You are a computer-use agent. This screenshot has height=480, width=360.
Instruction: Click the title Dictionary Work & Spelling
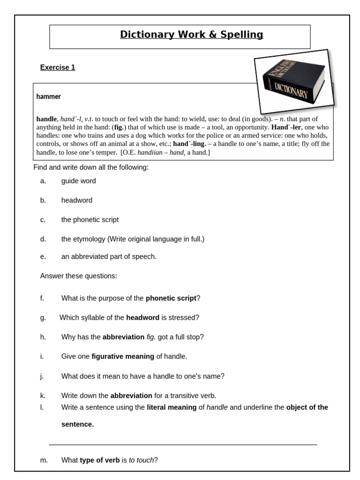(191, 35)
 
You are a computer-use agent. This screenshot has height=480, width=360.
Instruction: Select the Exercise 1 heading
(58, 67)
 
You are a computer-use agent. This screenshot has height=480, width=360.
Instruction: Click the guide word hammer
(48, 97)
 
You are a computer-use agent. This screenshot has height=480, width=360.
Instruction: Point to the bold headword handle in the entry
(47, 119)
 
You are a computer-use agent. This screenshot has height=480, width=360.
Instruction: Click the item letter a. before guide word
(43, 181)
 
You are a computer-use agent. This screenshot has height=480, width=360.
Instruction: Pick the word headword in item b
(77, 200)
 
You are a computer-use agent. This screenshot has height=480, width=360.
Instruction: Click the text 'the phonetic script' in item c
(90, 219)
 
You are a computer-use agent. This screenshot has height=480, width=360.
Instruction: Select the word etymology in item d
(89, 239)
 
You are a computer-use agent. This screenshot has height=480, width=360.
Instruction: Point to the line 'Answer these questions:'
(78, 276)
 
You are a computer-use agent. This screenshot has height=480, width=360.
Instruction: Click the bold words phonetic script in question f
(171, 298)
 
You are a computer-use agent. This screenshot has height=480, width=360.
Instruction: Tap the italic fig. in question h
(151, 337)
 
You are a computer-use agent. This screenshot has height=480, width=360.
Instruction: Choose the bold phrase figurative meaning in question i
(123, 356)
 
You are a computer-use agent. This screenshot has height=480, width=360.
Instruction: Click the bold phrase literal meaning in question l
(172, 407)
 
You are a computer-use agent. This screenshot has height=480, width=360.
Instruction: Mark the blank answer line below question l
(183, 444)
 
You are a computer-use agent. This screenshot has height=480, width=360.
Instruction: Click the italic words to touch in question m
(141, 460)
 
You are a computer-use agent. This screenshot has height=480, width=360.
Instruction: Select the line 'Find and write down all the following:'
(91, 167)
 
